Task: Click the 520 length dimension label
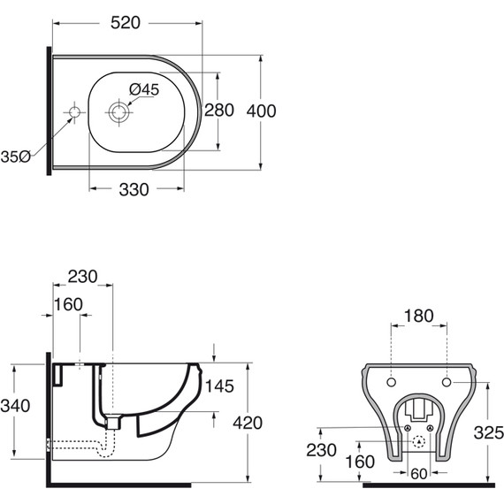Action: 126,23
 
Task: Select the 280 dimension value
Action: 219,111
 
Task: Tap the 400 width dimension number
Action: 261,111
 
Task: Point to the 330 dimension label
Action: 134,189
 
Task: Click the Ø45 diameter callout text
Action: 144,89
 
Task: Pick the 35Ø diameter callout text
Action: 15,157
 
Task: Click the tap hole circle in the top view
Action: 74,112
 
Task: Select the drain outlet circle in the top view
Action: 118,112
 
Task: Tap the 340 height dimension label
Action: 15,406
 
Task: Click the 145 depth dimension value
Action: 219,386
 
